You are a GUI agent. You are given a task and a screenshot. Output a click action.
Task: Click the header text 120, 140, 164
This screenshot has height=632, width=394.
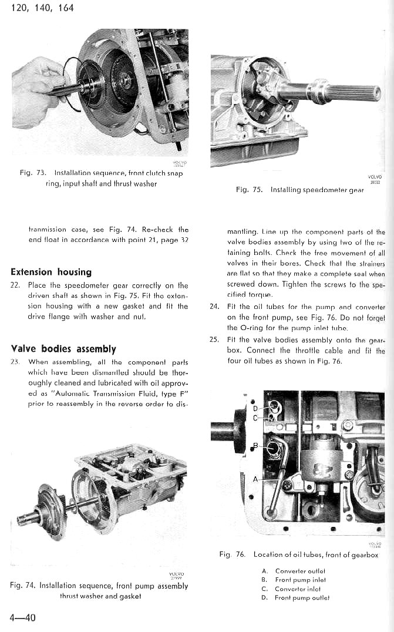[42, 8]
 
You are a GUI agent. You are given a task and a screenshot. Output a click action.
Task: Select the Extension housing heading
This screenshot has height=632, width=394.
[51, 272]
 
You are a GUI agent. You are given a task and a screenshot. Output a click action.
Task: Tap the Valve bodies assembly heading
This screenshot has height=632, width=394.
[63, 348]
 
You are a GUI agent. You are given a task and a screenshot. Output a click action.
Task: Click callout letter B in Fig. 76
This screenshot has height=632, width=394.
[254, 446]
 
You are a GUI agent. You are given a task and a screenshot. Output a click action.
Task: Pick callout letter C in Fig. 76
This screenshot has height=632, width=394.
[255, 418]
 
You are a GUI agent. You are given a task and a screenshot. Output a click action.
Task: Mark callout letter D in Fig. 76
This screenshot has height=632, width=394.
[255, 408]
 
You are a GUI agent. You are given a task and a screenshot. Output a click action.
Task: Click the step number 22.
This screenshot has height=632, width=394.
[16, 285]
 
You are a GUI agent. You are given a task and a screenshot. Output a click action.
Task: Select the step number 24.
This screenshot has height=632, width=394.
[214, 307]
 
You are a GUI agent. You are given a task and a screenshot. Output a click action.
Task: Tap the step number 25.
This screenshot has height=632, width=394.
[214, 340]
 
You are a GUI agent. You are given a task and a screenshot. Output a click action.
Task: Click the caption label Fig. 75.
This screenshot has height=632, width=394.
[248, 190]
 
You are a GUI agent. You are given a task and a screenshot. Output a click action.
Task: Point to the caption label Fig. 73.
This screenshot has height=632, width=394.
[33, 173]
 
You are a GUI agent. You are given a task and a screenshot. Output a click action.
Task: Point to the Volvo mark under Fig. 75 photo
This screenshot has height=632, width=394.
[375, 178]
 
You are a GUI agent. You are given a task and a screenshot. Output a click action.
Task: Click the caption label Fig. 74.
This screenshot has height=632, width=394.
[23, 586]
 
